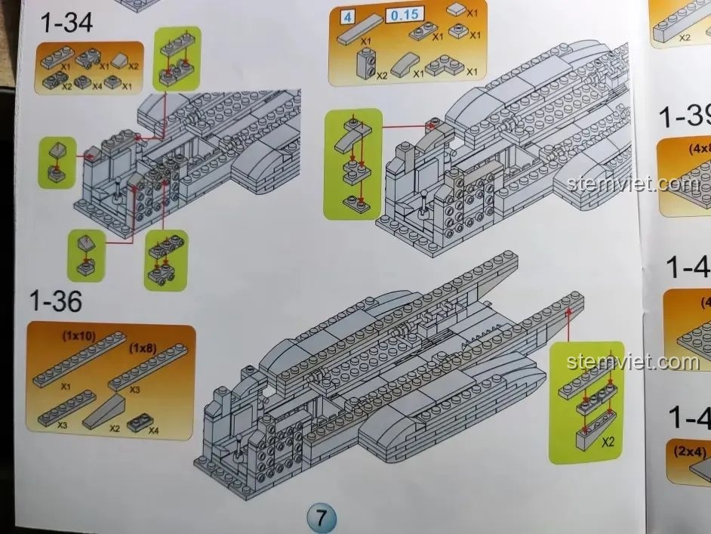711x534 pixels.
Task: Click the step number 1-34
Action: point(66,23)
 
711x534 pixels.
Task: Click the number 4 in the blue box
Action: point(348,14)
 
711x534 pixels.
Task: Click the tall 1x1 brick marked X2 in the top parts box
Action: point(367,60)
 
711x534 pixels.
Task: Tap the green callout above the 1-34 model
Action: point(179,58)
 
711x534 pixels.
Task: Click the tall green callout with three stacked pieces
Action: point(352,162)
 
